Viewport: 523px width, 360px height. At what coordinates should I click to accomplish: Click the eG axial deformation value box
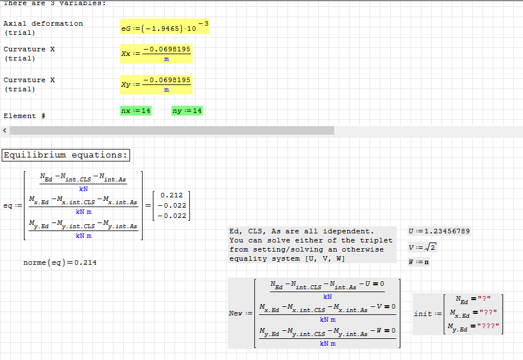164,26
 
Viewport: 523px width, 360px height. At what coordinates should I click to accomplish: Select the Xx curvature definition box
156,53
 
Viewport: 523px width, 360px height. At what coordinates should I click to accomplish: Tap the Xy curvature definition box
156,84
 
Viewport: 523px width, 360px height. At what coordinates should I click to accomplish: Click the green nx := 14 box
136,110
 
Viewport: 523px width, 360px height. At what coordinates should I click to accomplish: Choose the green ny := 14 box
187,110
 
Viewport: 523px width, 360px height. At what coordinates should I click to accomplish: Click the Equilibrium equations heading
66,155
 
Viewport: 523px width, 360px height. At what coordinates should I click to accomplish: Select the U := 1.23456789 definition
439,231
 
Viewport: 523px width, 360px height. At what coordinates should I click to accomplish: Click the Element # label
24,116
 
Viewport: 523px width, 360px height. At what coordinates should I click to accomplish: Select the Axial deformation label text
43,23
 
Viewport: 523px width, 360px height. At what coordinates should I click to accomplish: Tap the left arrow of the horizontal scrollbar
5,131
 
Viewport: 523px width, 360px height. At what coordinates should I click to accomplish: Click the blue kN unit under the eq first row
83,189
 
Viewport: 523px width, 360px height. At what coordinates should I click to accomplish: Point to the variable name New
236,313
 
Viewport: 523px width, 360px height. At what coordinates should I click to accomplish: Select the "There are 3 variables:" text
54,3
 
